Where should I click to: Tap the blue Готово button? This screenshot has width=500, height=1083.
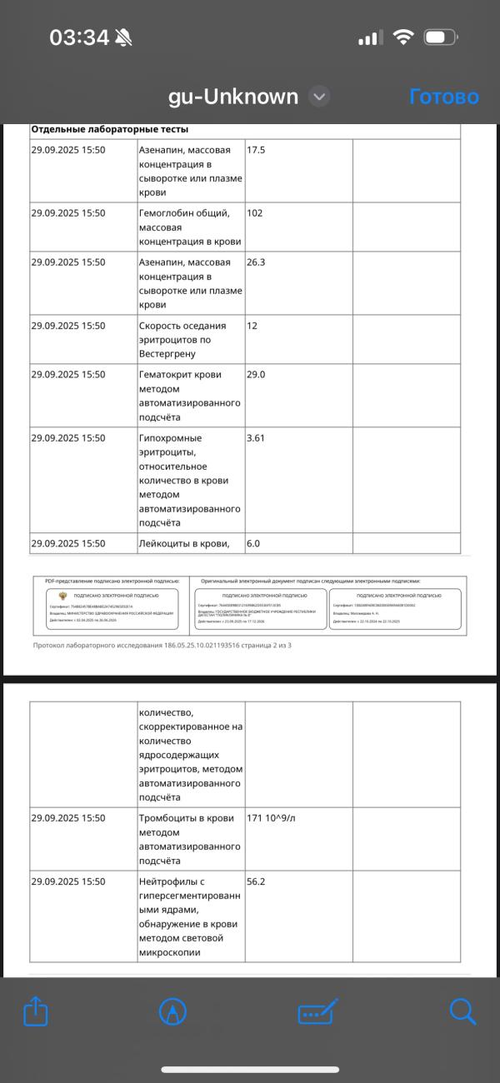[444, 97]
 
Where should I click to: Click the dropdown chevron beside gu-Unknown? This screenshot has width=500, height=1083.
[319, 97]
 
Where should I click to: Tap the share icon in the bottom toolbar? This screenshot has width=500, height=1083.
[36, 1012]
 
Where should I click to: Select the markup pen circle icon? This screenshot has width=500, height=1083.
[172, 1012]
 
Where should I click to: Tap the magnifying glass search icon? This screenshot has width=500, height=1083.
[462, 1011]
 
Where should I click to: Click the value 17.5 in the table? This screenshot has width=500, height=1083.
[256, 150]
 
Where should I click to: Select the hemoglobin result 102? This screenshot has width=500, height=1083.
[255, 213]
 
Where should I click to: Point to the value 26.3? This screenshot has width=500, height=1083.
[256, 262]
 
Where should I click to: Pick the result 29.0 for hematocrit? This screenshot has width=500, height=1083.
[256, 375]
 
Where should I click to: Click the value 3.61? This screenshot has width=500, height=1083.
[256, 438]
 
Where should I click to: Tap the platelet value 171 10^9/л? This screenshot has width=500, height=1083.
[271, 818]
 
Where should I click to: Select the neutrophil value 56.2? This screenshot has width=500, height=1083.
[256, 881]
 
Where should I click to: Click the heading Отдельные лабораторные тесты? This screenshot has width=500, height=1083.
[110, 129]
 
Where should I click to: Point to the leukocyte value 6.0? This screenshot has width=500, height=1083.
[254, 544]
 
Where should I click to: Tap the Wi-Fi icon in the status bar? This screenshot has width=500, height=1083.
[404, 38]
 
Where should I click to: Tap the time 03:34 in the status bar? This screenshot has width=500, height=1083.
[80, 37]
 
